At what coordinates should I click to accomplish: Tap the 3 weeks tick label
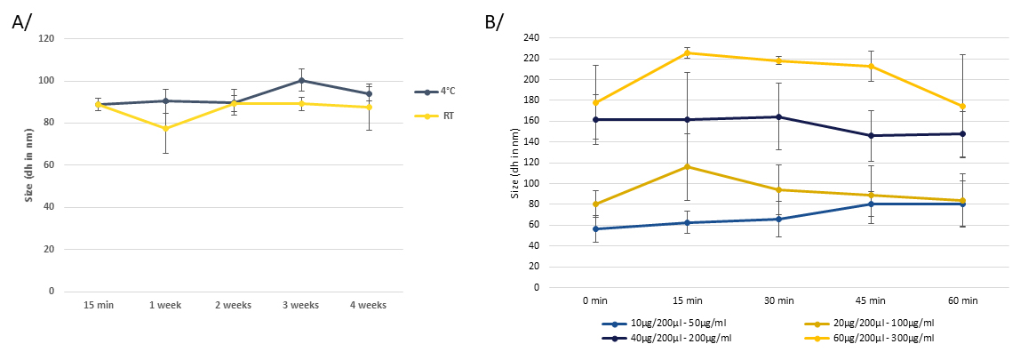pos(301,305)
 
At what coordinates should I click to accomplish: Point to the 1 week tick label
pos(165,305)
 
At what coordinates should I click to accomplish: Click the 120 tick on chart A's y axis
pos(46,39)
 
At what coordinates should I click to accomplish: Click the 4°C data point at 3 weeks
pos(301,80)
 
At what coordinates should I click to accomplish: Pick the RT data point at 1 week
pos(165,128)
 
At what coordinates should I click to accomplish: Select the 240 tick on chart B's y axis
pos(531,38)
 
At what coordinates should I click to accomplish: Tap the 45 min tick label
pos(870,301)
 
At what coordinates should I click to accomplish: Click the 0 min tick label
pos(596,301)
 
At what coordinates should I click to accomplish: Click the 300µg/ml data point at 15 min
pos(688,53)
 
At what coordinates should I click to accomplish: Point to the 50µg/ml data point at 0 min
pos(596,228)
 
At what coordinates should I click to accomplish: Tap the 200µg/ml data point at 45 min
pos(870,135)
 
